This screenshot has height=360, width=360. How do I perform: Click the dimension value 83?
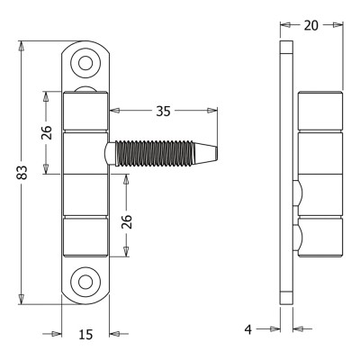point(22,173)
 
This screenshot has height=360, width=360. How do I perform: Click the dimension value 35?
point(163,112)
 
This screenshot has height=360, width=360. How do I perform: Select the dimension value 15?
point(85,335)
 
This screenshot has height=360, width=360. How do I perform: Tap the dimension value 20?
point(311,25)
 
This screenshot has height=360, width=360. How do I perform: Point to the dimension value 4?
point(248,329)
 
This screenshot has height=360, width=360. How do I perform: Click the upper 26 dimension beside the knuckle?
point(47,132)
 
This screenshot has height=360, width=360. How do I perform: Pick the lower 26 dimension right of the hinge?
point(127,221)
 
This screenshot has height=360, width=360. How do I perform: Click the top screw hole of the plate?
point(85,63)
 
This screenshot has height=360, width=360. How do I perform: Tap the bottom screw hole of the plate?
point(85,282)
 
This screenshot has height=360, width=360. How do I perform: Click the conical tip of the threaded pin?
point(206,153)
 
